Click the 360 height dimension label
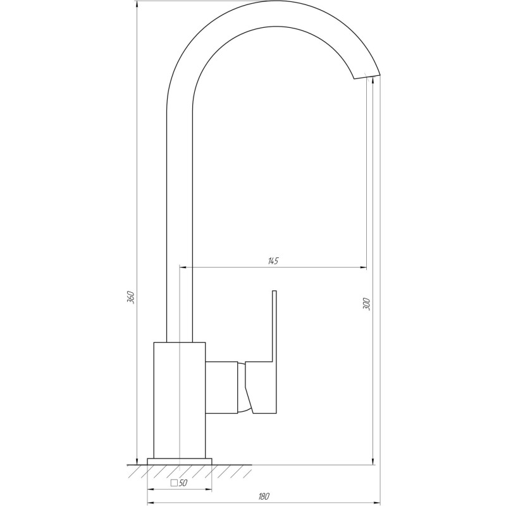[131, 297]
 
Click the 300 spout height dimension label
[366, 304]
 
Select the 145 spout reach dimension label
[273, 261]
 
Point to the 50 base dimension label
[183, 483]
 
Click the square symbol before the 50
[174, 483]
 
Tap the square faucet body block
[180, 398]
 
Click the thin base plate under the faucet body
[180, 460]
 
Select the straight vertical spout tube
[179, 221]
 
